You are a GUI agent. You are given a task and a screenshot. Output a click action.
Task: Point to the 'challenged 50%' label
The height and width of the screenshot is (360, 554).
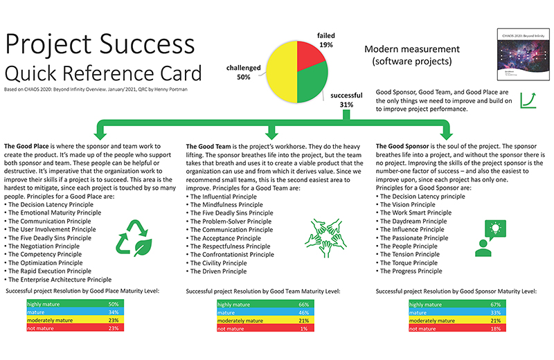click(243, 72)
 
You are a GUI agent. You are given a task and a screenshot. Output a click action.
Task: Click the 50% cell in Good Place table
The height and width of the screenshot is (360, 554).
click(114, 303)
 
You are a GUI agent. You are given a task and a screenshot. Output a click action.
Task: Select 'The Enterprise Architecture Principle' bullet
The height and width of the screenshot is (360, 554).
click(58, 280)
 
